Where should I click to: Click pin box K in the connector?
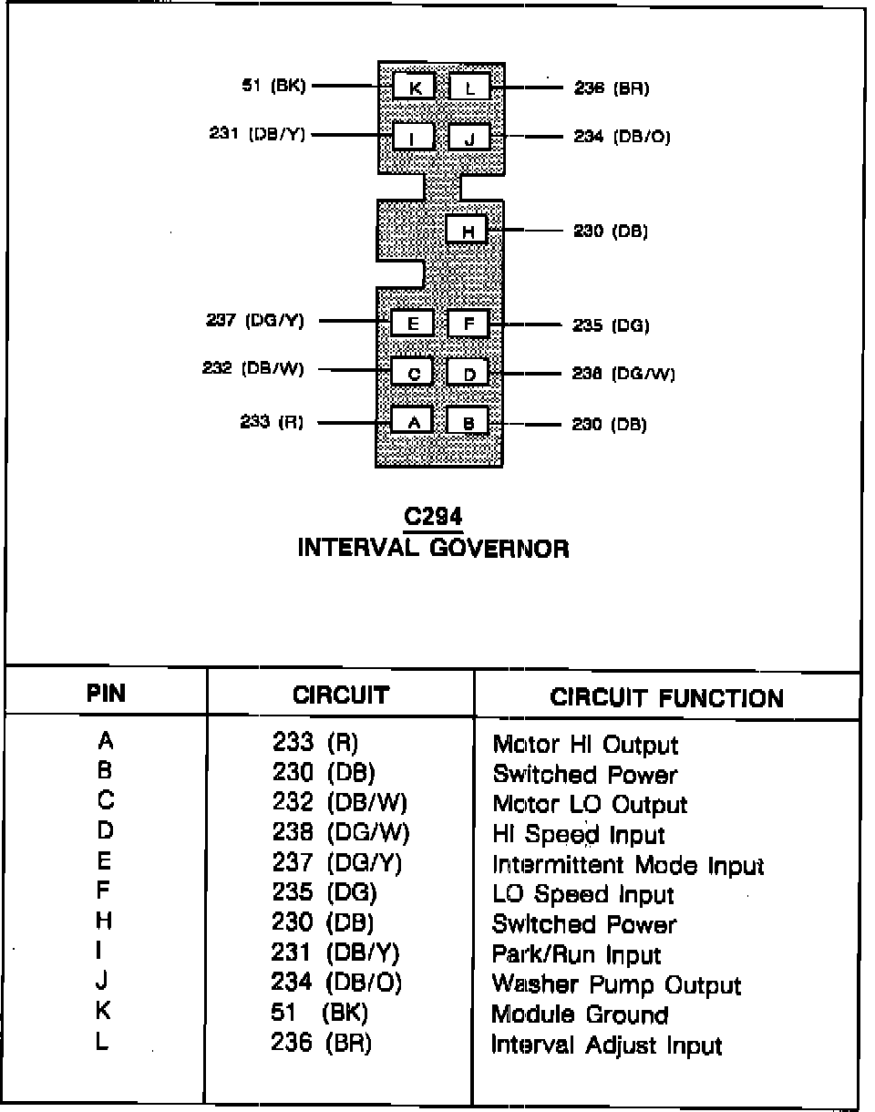[414, 88]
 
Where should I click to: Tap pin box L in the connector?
[469, 88]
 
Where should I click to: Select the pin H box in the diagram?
[467, 230]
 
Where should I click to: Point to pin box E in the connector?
[413, 324]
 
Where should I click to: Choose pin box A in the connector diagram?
[413, 420]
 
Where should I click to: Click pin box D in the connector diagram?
[468, 373]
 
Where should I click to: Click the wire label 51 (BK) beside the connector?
[273, 87]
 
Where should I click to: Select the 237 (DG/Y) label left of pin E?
[255, 321]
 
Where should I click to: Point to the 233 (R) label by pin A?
[272, 422]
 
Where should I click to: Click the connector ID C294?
[433, 518]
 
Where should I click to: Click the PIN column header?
[106, 694]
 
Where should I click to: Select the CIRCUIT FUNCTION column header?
[666, 698]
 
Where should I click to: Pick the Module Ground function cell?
[580, 1014]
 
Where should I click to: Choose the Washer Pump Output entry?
[616, 985]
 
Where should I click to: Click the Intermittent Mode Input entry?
[628, 865]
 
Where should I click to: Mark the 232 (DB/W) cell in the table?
[340, 804]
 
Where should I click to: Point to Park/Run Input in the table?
[576, 955]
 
